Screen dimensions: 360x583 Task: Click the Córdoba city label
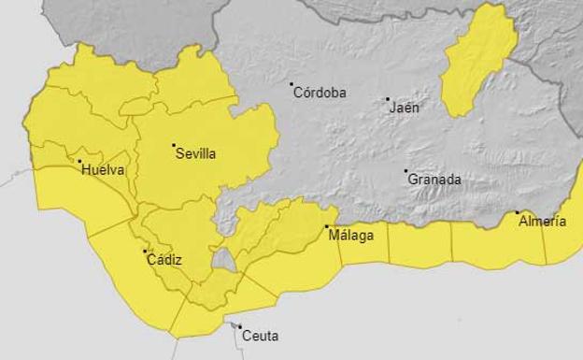[x=320, y=93]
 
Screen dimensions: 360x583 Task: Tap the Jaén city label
[x=405, y=108]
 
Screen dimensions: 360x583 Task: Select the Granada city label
[x=434, y=180]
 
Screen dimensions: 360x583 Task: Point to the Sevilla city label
[x=195, y=154]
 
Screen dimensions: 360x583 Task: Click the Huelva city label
[x=103, y=170]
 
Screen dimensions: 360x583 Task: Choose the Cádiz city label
[x=164, y=260]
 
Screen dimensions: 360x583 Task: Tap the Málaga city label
[x=351, y=236]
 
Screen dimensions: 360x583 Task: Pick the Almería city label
[x=542, y=222]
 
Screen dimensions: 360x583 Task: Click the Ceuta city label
[x=260, y=336]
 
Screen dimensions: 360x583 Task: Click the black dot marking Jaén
[x=388, y=98]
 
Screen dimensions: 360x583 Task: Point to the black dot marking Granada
[x=406, y=171]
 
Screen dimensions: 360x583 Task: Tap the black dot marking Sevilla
[x=173, y=145]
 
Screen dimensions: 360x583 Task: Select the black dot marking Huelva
[x=79, y=162]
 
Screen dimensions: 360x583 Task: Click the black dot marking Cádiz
[x=145, y=251]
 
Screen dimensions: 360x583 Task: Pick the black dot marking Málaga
[x=327, y=226]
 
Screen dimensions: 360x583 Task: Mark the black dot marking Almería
[x=518, y=212]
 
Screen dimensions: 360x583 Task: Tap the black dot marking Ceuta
[x=239, y=326]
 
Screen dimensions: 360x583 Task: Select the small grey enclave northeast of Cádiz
[x=222, y=260]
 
